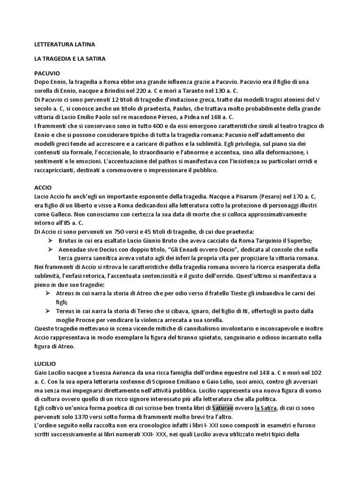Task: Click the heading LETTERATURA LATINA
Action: tap(65, 45)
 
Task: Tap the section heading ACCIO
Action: tap(43, 187)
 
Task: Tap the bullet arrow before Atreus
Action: tap(50, 293)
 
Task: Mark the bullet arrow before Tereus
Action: tap(50, 311)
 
